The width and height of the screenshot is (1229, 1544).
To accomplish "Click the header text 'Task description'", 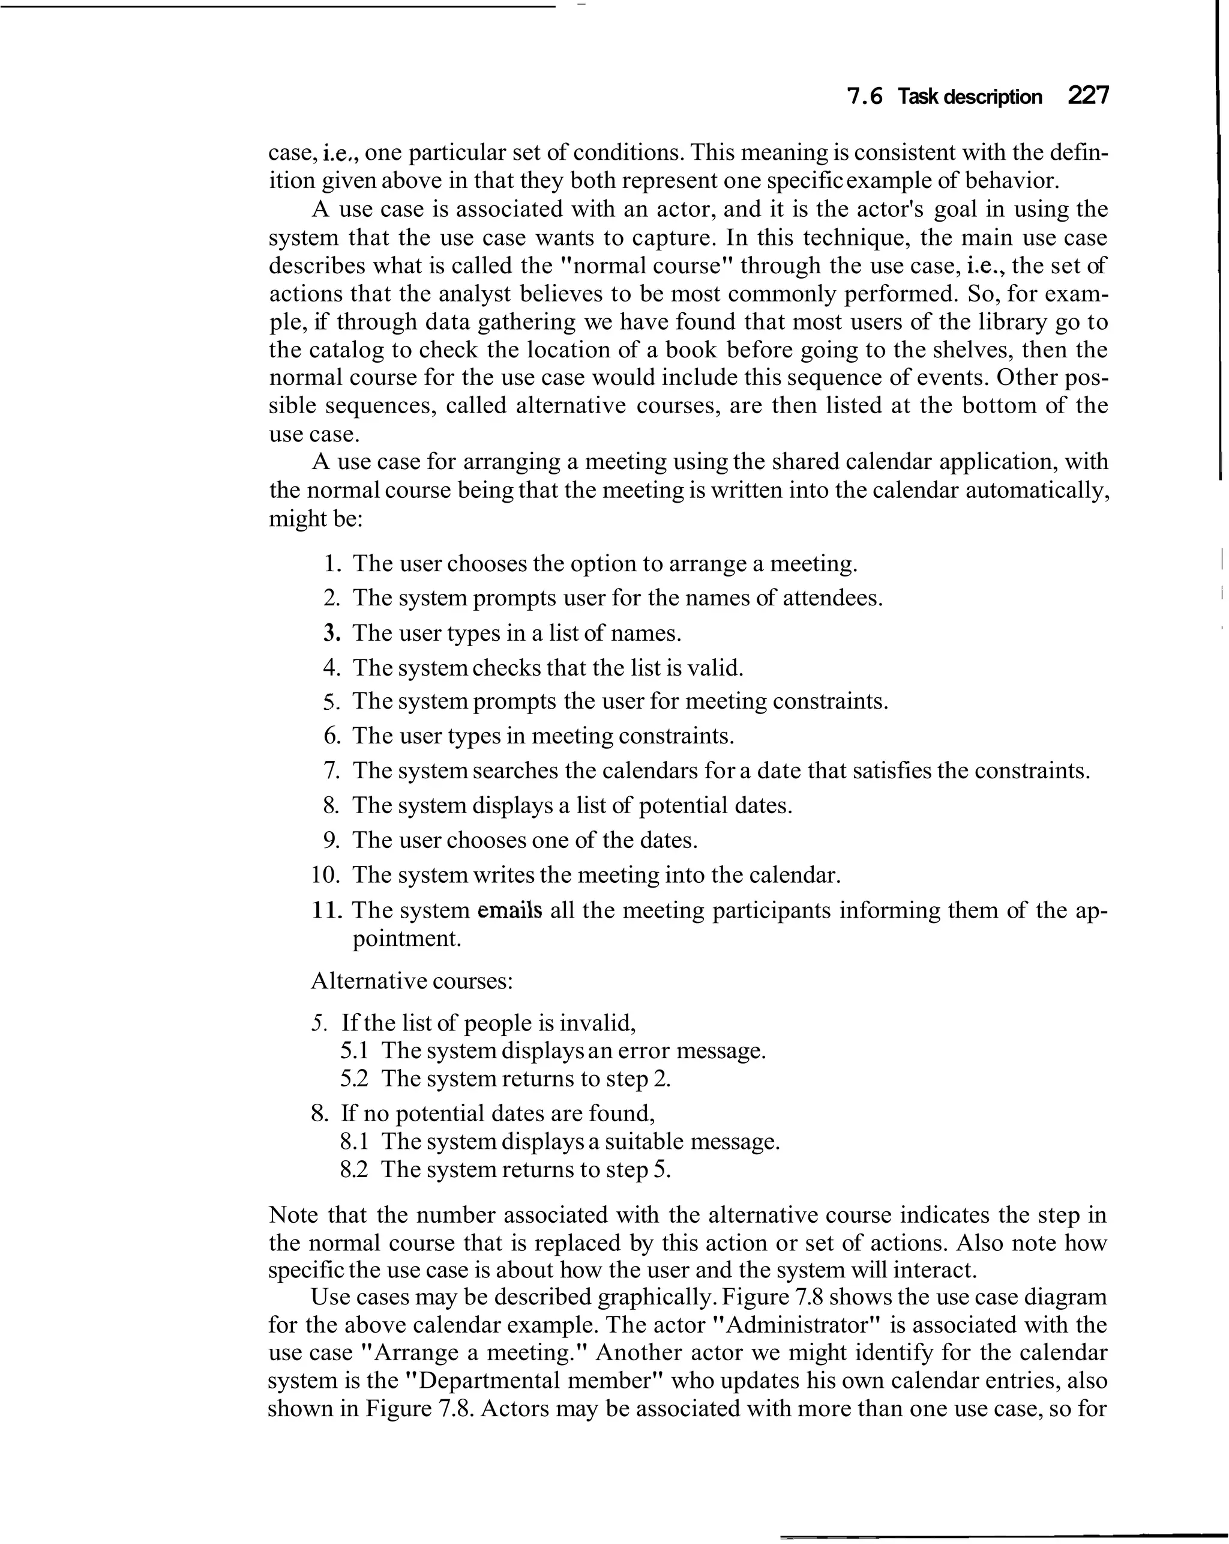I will coord(969,97).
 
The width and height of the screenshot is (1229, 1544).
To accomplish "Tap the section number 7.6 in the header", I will coord(865,97).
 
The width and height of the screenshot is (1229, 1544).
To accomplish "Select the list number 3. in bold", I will coord(331,633).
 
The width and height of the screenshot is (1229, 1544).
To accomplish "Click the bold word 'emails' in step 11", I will coord(509,910).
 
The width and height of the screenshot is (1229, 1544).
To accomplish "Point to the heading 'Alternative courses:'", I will coord(412,981).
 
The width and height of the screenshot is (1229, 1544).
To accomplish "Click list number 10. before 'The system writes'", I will coord(326,875).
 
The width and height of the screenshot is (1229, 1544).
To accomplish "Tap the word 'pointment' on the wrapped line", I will coord(406,939).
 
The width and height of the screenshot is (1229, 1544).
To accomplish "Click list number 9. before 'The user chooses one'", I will coord(331,840).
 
